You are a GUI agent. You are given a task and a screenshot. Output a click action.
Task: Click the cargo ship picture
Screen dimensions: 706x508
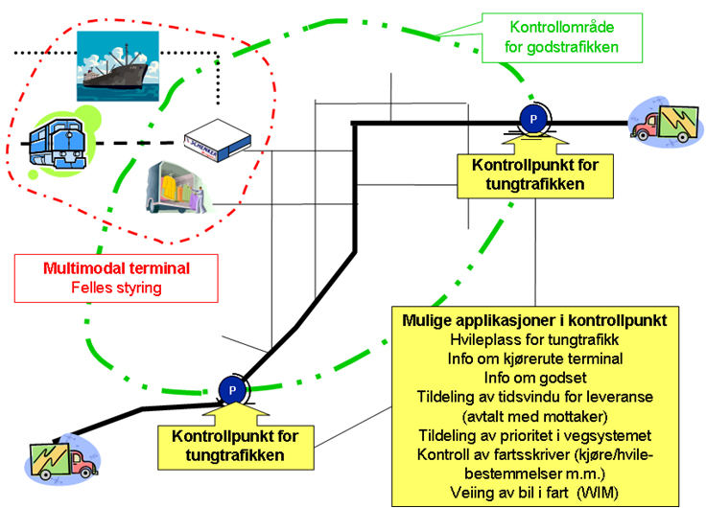[x=118, y=66]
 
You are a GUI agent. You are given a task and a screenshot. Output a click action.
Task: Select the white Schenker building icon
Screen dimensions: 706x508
[x=218, y=140]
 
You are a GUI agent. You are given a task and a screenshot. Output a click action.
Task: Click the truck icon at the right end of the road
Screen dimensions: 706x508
[x=666, y=123]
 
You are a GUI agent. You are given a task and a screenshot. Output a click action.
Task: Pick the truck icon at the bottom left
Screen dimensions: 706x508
[x=61, y=459]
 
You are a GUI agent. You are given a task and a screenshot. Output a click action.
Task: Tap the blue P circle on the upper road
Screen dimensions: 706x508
[x=533, y=119]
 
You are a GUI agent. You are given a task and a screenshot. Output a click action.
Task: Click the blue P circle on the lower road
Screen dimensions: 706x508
[x=232, y=390]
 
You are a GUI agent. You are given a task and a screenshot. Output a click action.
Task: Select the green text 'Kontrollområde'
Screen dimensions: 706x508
[x=562, y=27]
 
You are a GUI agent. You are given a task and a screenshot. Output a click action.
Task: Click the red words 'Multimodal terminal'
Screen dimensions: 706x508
[x=116, y=268]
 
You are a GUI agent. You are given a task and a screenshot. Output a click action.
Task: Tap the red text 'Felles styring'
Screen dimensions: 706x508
[x=116, y=288]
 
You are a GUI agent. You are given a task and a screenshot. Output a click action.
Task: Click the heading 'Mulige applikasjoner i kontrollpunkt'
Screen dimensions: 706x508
[x=534, y=320]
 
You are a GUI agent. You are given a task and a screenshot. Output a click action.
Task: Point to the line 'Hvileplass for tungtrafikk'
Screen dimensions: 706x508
[x=534, y=339]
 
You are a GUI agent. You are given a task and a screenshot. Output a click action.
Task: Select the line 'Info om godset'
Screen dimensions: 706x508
[x=535, y=378]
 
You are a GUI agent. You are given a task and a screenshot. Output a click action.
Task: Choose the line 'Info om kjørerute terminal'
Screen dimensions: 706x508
[x=535, y=358]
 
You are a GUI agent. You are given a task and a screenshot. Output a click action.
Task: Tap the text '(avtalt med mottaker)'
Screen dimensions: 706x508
[x=535, y=416]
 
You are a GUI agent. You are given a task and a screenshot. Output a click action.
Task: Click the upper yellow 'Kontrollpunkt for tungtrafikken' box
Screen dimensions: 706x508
[x=535, y=176]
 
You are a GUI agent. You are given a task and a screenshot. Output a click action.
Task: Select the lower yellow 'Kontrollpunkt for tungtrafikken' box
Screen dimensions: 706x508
[x=235, y=448]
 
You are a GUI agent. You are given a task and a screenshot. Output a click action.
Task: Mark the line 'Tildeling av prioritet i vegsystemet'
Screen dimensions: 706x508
[x=535, y=435]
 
